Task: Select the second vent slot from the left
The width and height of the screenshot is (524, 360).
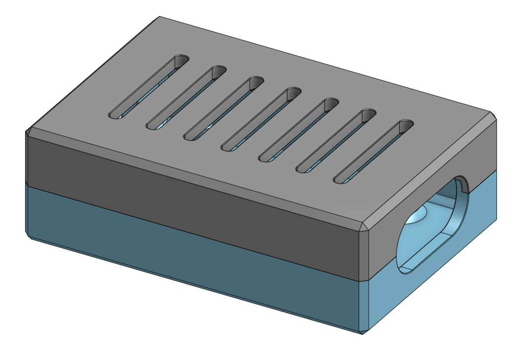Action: (186, 98)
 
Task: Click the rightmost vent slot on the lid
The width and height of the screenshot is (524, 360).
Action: (373, 152)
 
